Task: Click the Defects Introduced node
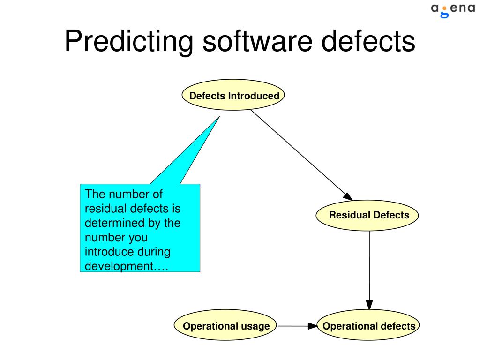pos(233,96)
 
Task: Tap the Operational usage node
pos(226,326)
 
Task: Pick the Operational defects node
pos(369,326)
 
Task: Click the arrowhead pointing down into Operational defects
pos(369,305)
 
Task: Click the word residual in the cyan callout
pos(102,209)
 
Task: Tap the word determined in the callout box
pos(111,223)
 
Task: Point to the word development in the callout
pos(119,266)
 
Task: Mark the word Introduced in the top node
pos(254,96)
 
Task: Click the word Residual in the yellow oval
pos(349,216)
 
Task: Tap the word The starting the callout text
pos(94,194)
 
